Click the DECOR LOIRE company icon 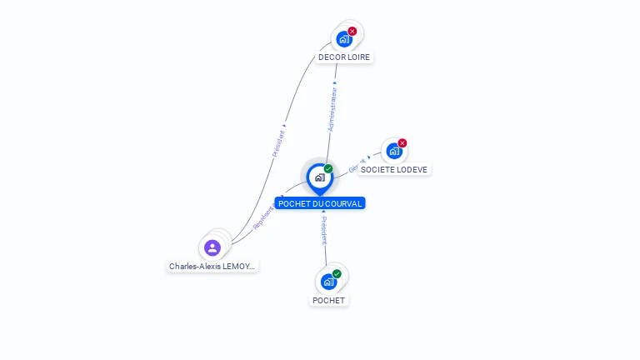point(343,38)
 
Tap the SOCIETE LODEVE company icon point(393,151)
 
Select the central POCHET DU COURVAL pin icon point(319,177)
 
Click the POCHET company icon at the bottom point(328,281)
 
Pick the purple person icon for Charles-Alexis point(212,247)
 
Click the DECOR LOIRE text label point(344,57)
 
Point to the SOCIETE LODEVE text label point(394,169)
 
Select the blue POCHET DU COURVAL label point(320,203)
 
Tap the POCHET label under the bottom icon point(328,300)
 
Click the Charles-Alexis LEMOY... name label point(212,267)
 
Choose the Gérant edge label point(357,164)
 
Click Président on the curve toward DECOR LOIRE point(279,142)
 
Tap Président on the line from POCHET point(325,231)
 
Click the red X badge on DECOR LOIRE point(352,31)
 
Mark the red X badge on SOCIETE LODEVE point(402,143)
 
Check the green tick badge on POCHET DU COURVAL point(328,169)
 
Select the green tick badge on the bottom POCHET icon point(337,273)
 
